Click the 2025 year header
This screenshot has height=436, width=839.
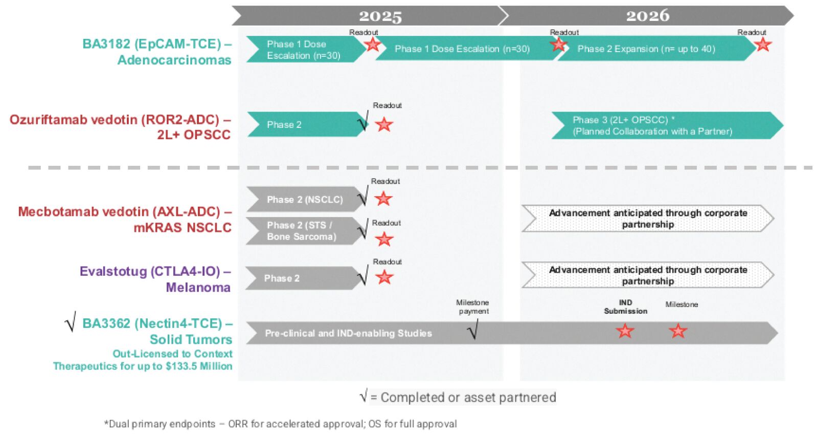[x=380, y=16]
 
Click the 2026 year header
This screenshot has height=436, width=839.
[x=647, y=16]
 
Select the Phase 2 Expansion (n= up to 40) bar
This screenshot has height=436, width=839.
[x=646, y=49]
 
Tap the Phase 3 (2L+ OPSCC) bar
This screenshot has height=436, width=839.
[x=652, y=125]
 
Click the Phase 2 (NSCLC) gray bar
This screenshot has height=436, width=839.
[x=305, y=200]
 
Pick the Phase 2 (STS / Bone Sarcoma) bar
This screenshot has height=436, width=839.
[x=302, y=231]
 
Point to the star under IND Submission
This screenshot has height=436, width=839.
[x=625, y=331]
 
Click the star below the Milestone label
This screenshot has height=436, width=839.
[x=678, y=331]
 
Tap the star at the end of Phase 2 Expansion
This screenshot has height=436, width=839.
[x=763, y=45]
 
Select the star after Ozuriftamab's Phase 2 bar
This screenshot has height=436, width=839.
[x=384, y=124]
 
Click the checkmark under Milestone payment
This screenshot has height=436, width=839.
[x=473, y=330]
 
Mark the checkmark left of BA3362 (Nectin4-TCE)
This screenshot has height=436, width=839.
[x=71, y=322]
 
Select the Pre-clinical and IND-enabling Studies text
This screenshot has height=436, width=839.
[x=348, y=334]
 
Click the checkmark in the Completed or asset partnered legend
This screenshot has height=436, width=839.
[x=364, y=396]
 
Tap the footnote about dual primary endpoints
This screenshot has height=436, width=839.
[x=280, y=424]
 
